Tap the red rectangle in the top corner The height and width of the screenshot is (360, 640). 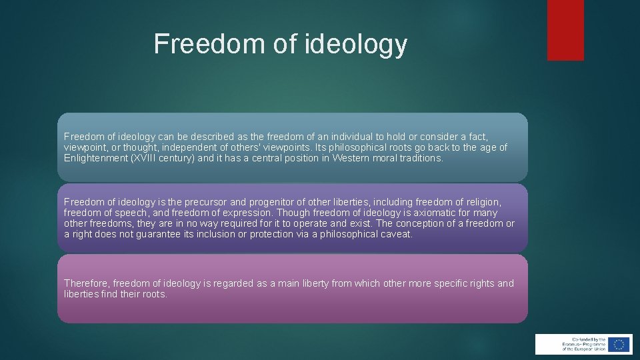(x=565, y=30)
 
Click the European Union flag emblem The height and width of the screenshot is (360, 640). (x=619, y=344)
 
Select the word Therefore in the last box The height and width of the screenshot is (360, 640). (x=87, y=283)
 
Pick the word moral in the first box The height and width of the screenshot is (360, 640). (x=391, y=158)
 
